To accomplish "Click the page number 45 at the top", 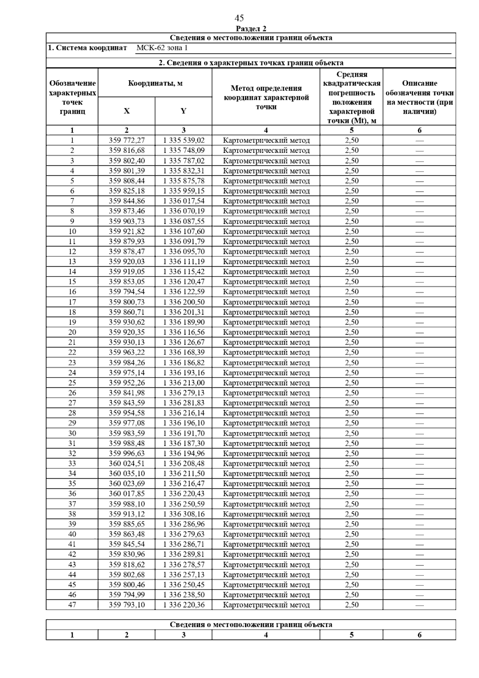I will [x=239, y=18].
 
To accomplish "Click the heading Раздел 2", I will [x=251, y=29].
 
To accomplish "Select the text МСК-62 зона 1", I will [x=162, y=48].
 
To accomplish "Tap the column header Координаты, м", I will [x=155, y=83].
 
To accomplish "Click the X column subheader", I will [x=127, y=111].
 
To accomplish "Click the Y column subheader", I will [x=183, y=111].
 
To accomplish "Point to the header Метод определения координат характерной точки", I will [x=266, y=97].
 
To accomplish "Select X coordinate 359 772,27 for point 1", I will [x=127, y=141].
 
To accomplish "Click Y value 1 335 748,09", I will [x=184, y=151].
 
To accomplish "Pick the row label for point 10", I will [x=72, y=232].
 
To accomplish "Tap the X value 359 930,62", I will [x=127, y=322].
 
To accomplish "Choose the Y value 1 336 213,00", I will [x=184, y=383].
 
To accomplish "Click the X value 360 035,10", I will [x=127, y=474].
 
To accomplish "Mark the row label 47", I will [x=72, y=605].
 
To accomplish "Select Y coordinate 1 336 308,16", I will [x=184, y=514].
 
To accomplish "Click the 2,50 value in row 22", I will [x=352, y=353].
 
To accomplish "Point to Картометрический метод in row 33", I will [x=266, y=464].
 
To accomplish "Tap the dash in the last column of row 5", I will [x=419, y=181].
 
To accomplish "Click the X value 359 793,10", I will [x=127, y=605].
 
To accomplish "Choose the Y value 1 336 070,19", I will [x=184, y=211].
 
